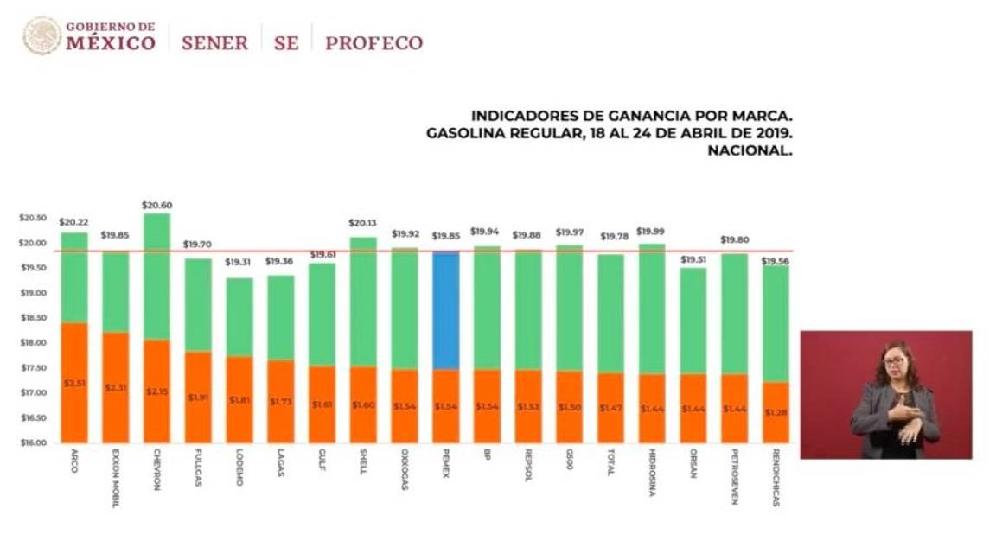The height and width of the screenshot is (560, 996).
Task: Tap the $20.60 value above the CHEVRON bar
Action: point(156,206)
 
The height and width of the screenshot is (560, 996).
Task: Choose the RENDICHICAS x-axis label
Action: point(776,476)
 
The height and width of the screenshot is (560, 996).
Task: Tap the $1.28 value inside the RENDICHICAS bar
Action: point(776,412)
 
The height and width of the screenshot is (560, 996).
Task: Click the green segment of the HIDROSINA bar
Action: point(652,309)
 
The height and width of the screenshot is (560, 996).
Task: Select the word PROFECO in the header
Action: point(373,42)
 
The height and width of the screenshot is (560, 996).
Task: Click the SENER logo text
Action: point(214,42)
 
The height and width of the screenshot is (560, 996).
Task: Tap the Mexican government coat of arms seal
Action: point(41,36)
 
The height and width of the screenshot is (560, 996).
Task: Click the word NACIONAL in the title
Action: point(750,150)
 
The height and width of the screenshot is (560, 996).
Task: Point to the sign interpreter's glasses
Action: point(893,361)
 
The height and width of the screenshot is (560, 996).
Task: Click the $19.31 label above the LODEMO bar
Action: point(239,262)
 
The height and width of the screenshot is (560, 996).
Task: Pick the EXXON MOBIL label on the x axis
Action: point(115,477)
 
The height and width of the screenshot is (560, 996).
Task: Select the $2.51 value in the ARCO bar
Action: point(73,383)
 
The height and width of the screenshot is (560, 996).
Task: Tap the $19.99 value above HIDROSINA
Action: point(652,232)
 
